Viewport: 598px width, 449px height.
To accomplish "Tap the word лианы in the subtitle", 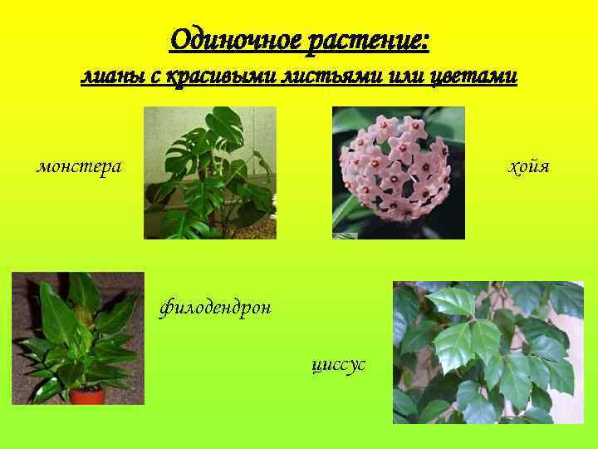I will tap(109, 76).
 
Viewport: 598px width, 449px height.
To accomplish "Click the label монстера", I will tap(79, 166).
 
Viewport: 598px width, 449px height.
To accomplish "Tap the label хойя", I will tap(529, 166).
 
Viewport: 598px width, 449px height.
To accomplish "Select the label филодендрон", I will tap(214, 309).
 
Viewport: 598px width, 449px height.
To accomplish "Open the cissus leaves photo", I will tap(488, 352).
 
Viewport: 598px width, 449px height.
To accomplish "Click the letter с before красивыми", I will tap(155, 77).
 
